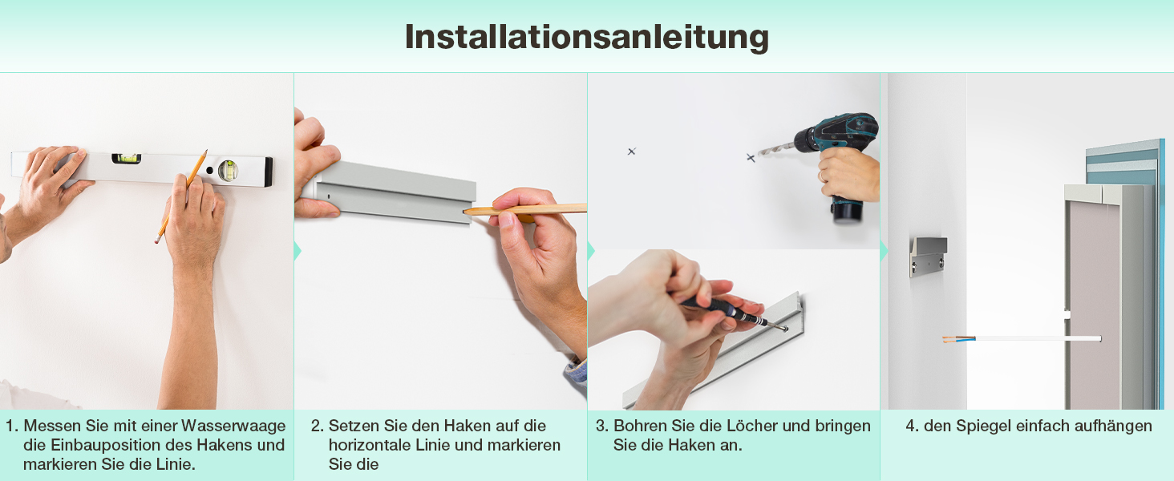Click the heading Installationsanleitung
[x=586, y=38]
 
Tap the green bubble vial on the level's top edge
[x=127, y=158]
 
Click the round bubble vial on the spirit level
[x=228, y=170]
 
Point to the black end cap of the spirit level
[x=268, y=172]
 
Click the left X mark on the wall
[x=632, y=152]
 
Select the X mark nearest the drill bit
[x=751, y=157]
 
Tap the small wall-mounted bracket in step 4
[x=928, y=256]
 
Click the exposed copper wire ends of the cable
[x=950, y=340]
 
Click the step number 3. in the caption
[x=602, y=426]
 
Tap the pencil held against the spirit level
[x=180, y=196]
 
